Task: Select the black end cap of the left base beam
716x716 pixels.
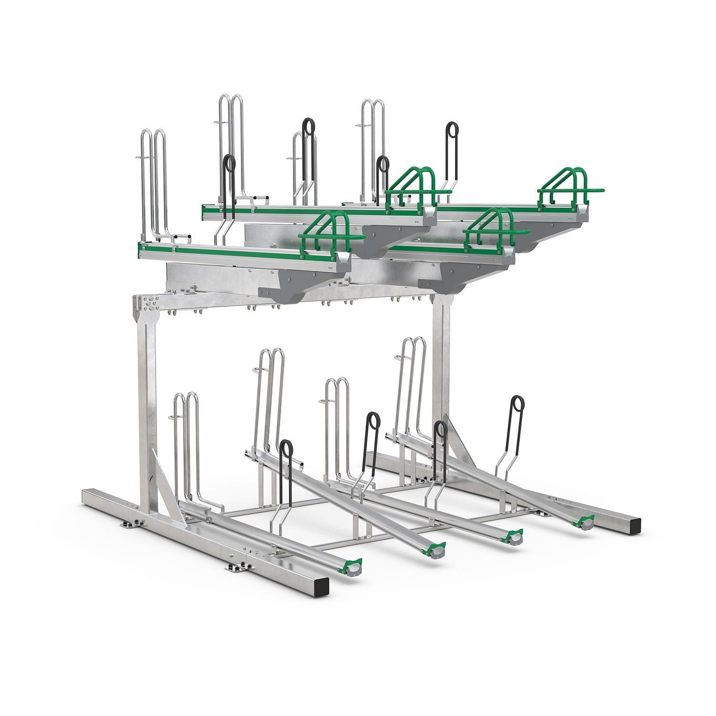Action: pyautogui.click(x=322, y=584)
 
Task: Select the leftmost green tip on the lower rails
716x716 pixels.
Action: pyautogui.click(x=353, y=566)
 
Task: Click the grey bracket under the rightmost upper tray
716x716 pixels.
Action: pyautogui.click(x=544, y=239)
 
